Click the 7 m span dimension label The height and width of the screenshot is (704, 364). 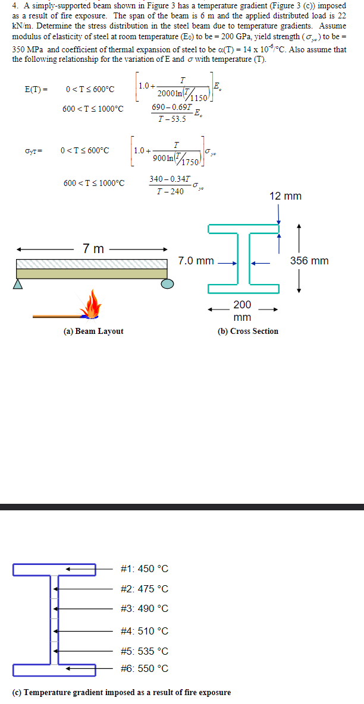(x=94, y=248)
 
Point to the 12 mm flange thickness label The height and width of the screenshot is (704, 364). (x=285, y=196)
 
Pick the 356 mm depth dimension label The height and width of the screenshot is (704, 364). (x=309, y=260)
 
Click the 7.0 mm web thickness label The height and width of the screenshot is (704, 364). (x=196, y=261)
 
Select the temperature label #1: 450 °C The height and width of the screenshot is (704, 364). (x=144, y=569)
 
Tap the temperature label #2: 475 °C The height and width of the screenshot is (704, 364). (x=144, y=589)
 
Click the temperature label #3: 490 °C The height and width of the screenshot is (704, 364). (x=144, y=608)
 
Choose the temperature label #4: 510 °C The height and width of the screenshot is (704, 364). (x=144, y=631)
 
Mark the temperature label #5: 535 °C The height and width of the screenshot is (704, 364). (x=144, y=651)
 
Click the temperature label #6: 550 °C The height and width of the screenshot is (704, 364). (x=144, y=668)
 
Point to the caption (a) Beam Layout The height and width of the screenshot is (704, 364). (x=93, y=331)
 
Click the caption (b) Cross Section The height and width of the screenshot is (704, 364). (x=248, y=331)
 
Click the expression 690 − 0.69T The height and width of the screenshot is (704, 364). (x=172, y=107)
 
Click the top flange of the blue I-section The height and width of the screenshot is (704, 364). (x=54, y=570)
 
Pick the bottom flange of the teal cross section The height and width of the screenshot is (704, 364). (x=243, y=289)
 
